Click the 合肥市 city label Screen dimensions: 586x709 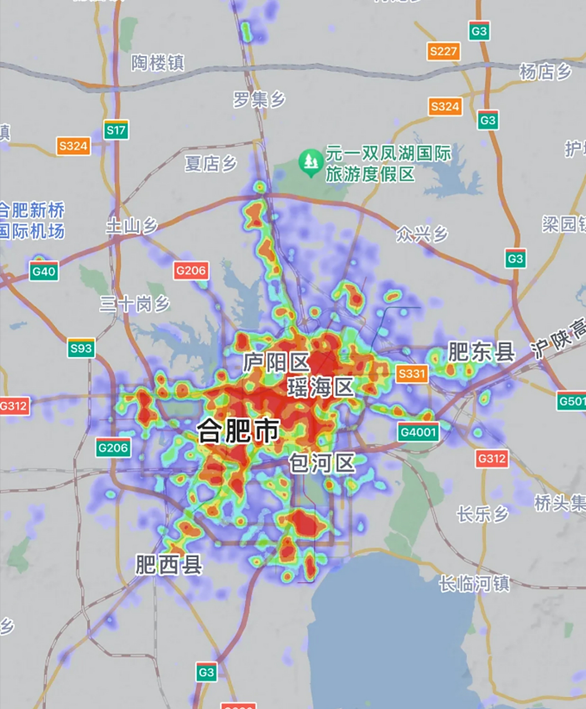pyautogui.click(x=238, y=430)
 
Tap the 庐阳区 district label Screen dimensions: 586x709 pyautogui.click(x=276, y=363)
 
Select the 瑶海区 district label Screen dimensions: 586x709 pyautogui.click(x=320, y=387)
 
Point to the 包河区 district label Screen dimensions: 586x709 pyautogui.click(x=322, y=462)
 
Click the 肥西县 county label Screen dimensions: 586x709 pyautogui.click(x=169, y=565)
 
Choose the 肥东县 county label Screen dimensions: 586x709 pyautogui.click(x=481, y=352)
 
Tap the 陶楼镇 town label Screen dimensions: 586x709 pyautogui.click(x=157, y=63)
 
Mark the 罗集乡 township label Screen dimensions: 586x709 pyautogui.click(x=259, y=100)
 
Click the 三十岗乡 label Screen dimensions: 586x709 pyautogui.click(x=135, y=304)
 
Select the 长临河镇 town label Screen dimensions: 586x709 pyautogui.click(x=474, y=583)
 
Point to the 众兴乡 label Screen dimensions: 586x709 pyautogui.click(x=421, y=234)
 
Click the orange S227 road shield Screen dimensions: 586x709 pyautogui.click(x=444, y=52)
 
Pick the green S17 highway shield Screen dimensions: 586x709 pyautogui.click(x=116, y=130)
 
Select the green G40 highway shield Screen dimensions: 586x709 pyautogui.click(x=44, y=271)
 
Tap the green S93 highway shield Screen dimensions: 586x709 pyautogui.click(x=81, y=348)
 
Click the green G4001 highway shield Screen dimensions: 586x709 pyautogui.click(x=418, y=432)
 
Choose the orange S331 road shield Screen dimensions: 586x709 pyautogui.click(x=412, y=373)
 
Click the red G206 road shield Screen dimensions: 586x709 pyautogui.click(x=191, y=270)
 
